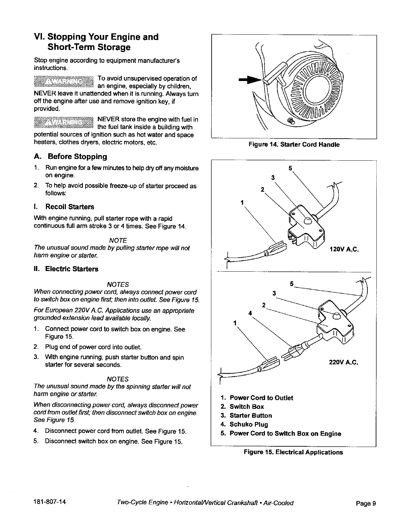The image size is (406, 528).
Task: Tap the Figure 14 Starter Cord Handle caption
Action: pyautogui.click(x=294, y=145)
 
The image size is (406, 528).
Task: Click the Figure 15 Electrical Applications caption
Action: pyautogui.click(x=293, y=452)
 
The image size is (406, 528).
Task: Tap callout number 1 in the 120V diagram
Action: pyautogui.click(x=242, y=202)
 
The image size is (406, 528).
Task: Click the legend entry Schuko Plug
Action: pyautogui.click(x=248, y=424)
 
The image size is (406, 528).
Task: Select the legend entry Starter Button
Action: pyautogui.click(x=250, y=416)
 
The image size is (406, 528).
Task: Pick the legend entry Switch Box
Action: pyautogui.click(x=246, y=407)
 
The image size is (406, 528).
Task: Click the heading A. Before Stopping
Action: pyautogui.click(x=71, y=157)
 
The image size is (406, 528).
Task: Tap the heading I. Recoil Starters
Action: pyautogui.click(x=64, y=207)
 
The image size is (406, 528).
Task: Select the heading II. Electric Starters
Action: pyautogui.click(x=66, y=269)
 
